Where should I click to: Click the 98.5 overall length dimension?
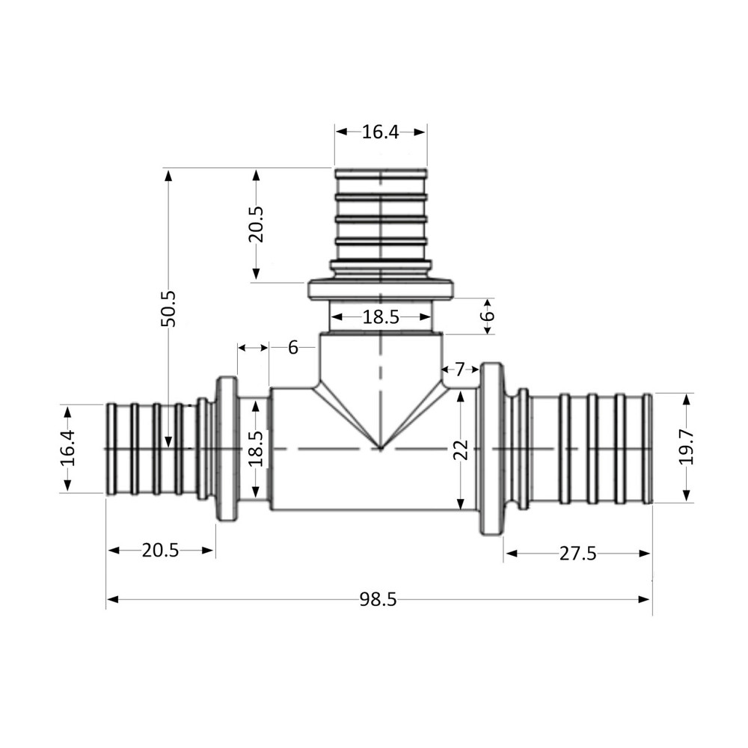click(378, 599)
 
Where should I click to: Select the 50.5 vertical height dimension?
click(168, 308)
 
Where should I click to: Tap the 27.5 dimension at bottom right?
click(577, 554)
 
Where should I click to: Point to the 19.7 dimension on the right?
click(687, 448)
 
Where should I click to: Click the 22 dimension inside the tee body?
click(461, 449)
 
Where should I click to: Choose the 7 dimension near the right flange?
click(460, 369)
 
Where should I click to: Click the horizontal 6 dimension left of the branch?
click(292, 347)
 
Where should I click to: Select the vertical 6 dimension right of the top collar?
click(487, 316)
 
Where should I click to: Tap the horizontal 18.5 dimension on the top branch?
click(381, 317)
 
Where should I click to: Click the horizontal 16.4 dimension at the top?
click(381, 132)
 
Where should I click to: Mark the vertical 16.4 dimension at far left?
click(68, 448)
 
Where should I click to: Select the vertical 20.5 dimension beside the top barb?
click(257, 224)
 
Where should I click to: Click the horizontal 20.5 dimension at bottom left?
click(161, 551)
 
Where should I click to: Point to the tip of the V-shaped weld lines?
click(381, 449)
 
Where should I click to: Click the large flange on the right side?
click(491, 449)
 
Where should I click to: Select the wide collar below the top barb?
click(381, 289)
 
